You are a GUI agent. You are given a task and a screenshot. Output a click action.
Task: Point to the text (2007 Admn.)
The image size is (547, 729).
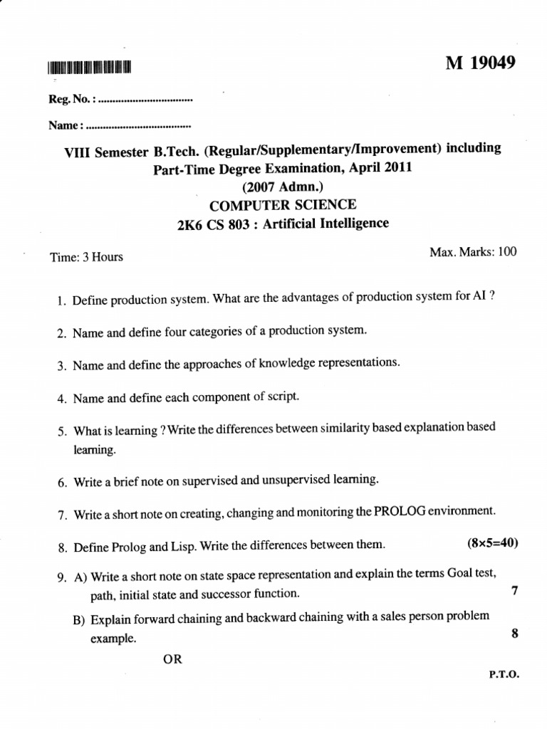point(283,187)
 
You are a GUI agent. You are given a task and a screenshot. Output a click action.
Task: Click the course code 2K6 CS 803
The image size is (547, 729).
point(216,224)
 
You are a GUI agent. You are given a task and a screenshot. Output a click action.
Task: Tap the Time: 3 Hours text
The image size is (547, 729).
point(86,257)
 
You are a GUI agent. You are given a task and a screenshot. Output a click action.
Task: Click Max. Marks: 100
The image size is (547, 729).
point(473,251)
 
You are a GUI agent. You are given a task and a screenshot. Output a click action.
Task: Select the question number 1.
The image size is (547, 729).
point(61,302)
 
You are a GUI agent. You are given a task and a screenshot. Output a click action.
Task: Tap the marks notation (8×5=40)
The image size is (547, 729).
point(492,544)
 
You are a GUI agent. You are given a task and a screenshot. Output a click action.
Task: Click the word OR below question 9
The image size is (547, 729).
point(173,659)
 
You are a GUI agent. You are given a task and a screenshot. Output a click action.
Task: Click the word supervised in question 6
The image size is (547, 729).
point(204,481)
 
